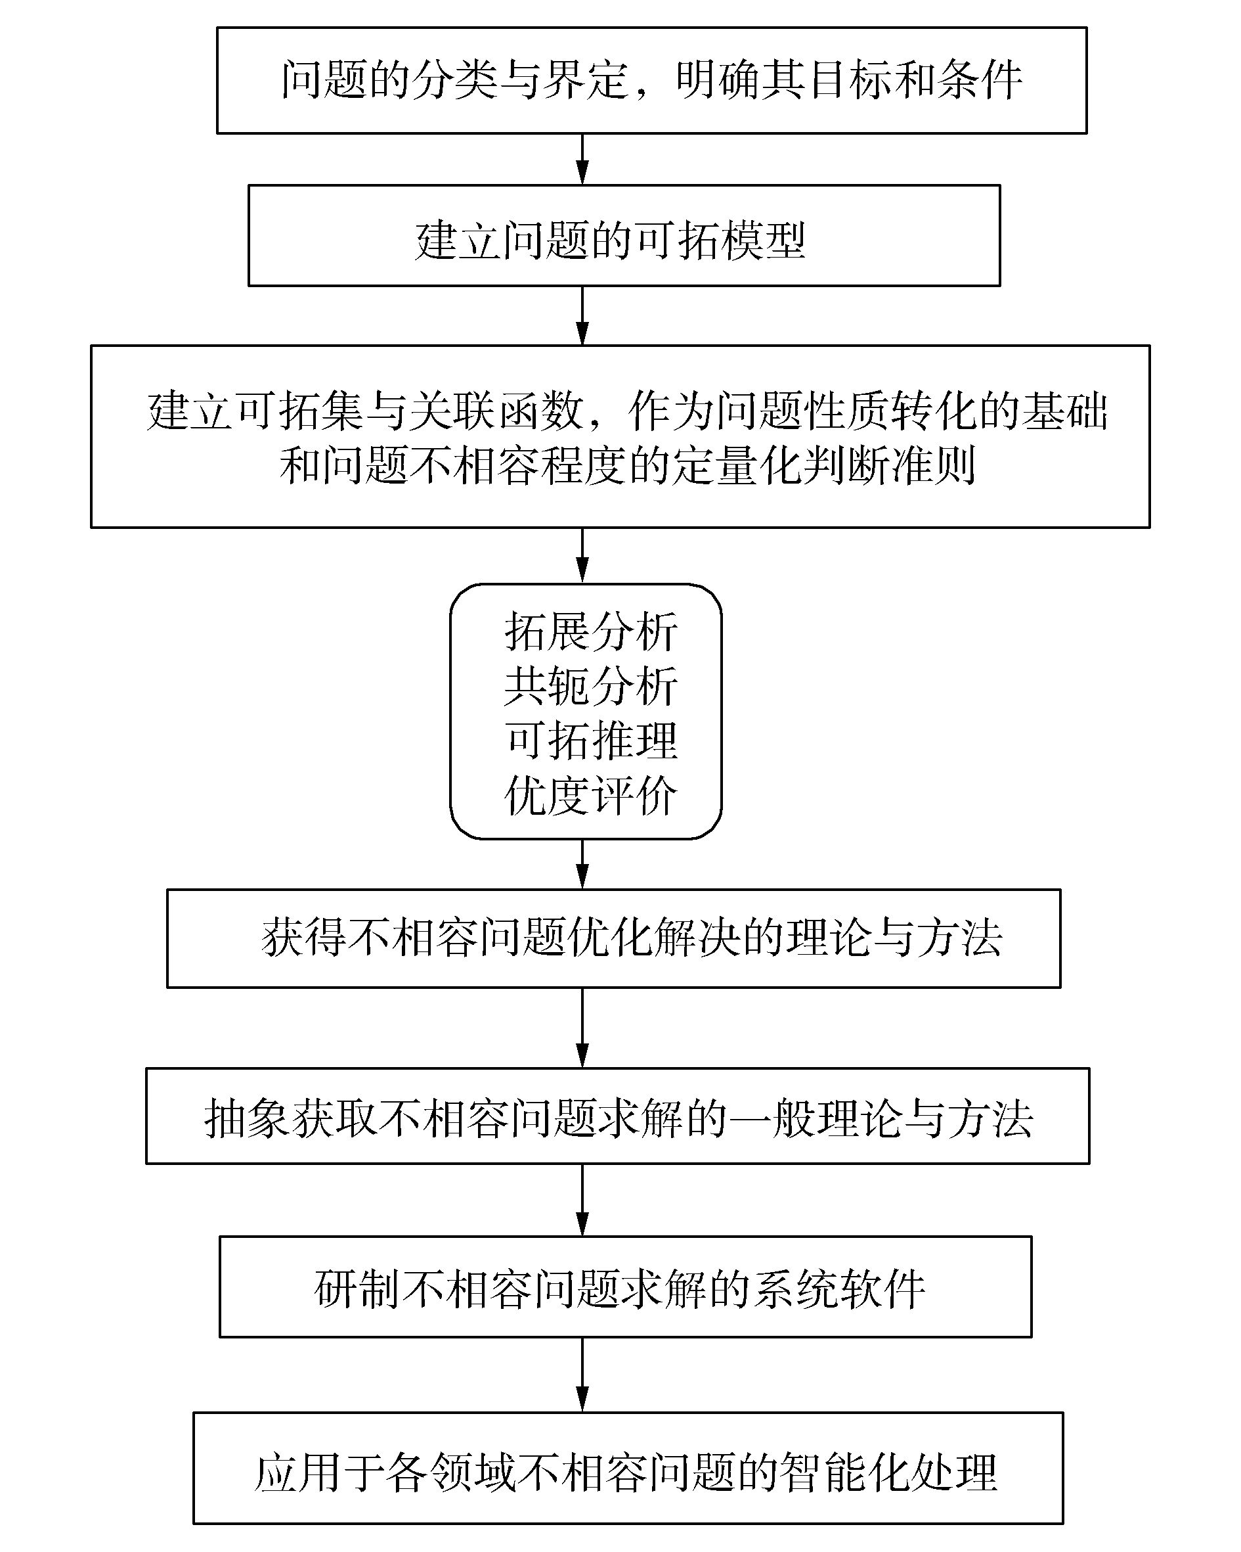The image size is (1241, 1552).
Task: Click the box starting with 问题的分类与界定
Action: [651, 80]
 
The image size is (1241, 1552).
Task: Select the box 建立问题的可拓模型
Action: [624, 235]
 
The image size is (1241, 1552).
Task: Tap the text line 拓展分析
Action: [590, 631]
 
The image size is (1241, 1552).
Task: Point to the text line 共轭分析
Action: [590, 685]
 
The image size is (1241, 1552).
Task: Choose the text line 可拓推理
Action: [590, 740]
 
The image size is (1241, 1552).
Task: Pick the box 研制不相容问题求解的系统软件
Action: [625, 1288]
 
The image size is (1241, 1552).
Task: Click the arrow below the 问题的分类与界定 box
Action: [582, 159]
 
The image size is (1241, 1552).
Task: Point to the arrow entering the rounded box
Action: [582, 555]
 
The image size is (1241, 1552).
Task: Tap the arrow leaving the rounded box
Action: [582, 864]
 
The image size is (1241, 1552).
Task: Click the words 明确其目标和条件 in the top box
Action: [849, 80]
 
